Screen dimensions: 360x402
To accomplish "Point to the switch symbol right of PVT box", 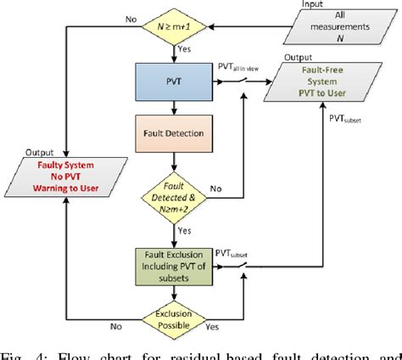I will coord(244,83).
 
